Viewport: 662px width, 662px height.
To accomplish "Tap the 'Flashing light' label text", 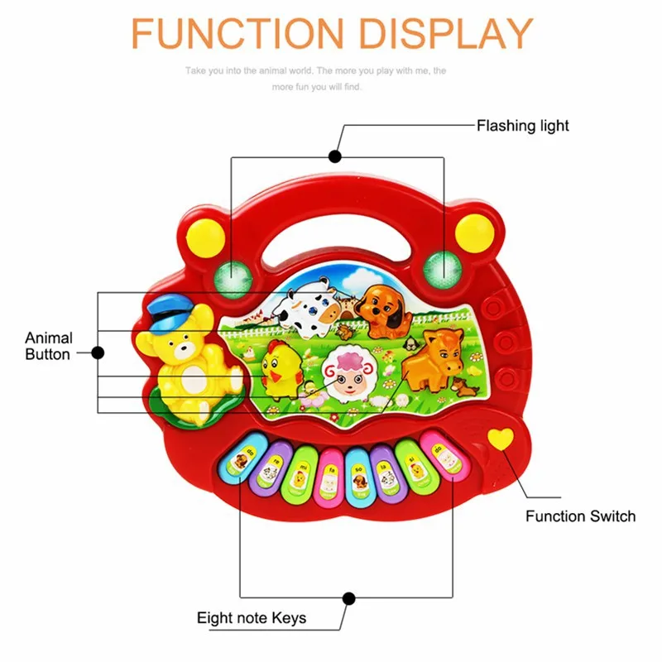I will [522, 126].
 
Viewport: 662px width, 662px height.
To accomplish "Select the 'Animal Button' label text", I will [49, 346].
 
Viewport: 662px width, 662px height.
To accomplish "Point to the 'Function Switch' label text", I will [580, 516].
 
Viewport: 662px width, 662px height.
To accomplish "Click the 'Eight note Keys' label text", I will [252, 617].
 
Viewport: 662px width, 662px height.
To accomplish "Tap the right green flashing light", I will [440, 266].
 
